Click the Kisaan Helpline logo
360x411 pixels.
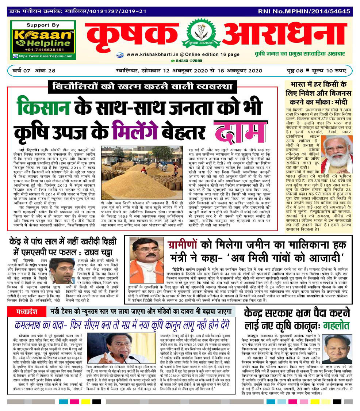(43, 38)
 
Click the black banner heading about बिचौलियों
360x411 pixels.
(142, 87)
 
